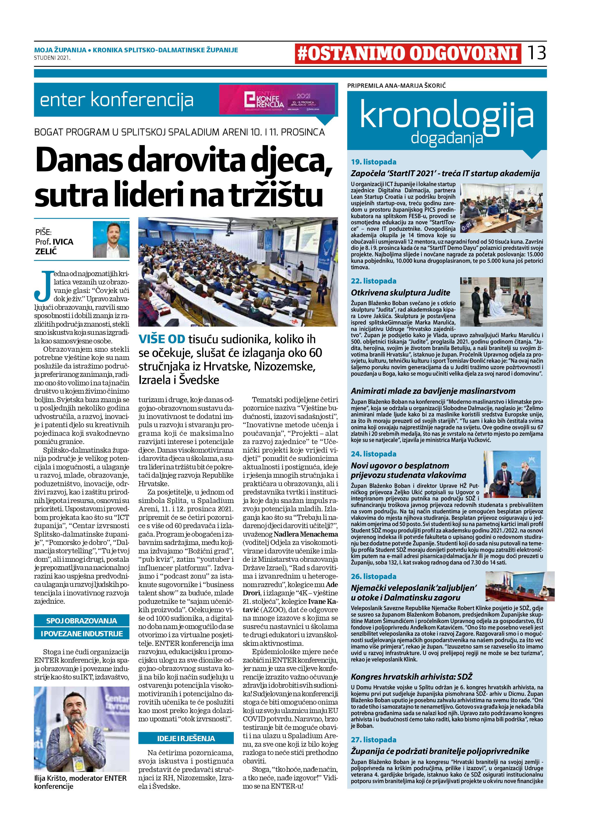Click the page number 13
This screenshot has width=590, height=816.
click(536, 53)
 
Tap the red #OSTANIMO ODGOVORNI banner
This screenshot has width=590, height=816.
click(408, 54)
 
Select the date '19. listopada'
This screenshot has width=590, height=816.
click(374, 162)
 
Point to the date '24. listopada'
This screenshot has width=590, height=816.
click(374, 454)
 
